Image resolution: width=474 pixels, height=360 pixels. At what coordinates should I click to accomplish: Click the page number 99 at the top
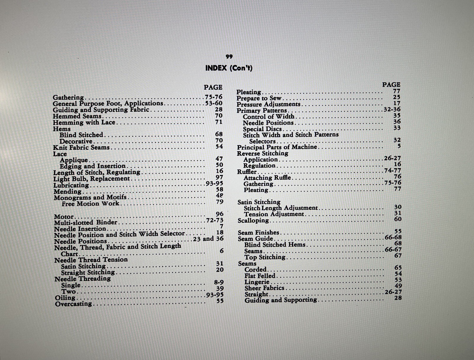(229, 57)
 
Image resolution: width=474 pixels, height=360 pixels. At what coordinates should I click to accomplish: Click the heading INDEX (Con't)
(229, 68)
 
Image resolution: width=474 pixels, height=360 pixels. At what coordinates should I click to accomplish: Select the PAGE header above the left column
(213, 87)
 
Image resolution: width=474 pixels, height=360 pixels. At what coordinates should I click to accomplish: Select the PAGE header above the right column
(391, 85)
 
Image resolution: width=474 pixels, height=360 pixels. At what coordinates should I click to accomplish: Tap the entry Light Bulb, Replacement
(92, 179)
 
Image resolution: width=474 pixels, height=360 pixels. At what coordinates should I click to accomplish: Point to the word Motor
(64, 217)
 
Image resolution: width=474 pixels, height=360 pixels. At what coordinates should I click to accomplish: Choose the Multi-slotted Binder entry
(86, 222)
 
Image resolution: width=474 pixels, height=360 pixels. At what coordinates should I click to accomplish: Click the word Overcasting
(73, 304)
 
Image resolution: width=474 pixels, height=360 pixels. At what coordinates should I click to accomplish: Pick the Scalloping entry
(253, 221)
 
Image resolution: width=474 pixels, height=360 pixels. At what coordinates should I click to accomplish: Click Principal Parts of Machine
(277, 147)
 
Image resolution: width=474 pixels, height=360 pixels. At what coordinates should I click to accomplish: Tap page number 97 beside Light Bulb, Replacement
(219, 177)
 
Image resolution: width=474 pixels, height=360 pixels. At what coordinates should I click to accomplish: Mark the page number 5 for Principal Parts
(399, 146)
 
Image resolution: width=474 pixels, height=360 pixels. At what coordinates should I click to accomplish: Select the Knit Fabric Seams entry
(81, 147)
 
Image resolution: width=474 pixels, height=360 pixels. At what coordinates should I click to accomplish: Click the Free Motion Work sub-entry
(91, 204)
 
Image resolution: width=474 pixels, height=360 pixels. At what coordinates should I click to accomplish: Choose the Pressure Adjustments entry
(268, 105)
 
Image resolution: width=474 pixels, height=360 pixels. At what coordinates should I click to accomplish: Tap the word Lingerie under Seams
(257, 282)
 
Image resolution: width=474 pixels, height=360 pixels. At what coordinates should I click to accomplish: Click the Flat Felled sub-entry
(260, 276)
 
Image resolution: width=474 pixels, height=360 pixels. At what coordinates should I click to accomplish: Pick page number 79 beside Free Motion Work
(220, 202)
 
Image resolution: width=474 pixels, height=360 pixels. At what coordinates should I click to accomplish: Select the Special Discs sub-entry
(262, 129)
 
